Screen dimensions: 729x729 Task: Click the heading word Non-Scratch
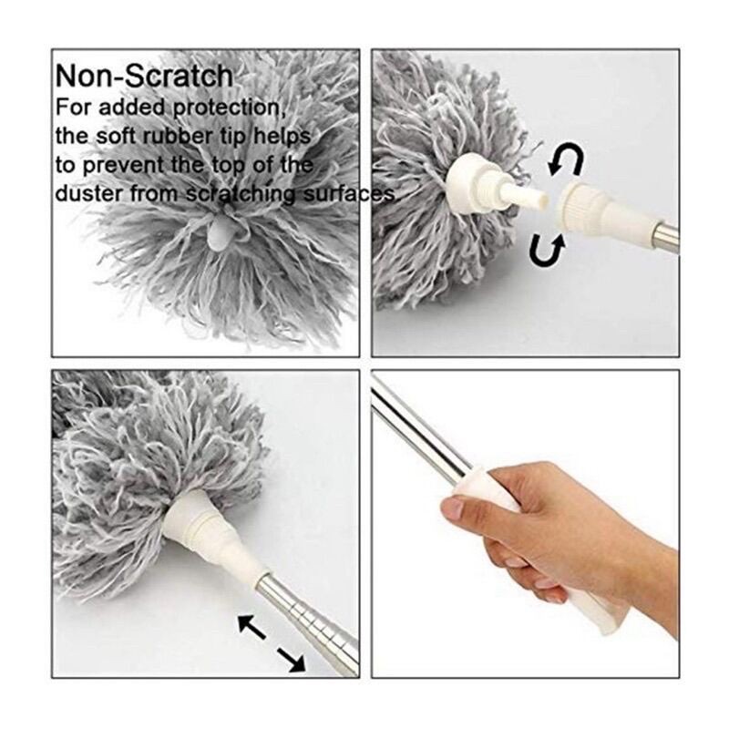144,76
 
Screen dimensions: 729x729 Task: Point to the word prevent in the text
125,166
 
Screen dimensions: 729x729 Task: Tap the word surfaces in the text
350,193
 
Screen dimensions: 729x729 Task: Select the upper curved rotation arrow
566,159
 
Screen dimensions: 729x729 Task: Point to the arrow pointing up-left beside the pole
252,625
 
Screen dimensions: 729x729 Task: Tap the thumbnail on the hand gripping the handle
452,509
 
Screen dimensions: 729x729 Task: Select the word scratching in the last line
241,194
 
